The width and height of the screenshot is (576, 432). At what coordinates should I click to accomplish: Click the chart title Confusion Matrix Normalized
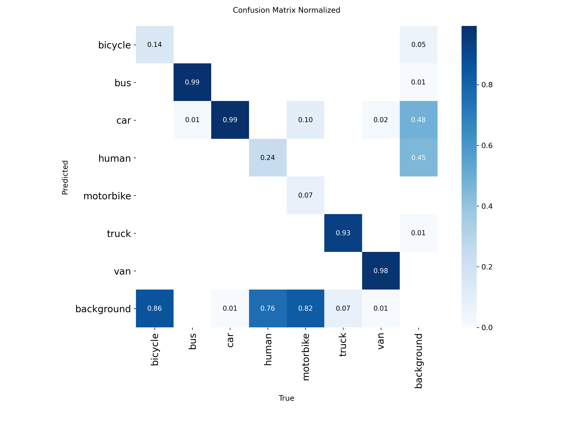point(286,10)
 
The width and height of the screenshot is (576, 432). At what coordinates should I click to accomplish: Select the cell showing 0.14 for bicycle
point(155,45)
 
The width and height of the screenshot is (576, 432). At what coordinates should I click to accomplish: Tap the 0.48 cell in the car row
point(418,120)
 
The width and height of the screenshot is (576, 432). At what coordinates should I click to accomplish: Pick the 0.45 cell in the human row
point(418,158)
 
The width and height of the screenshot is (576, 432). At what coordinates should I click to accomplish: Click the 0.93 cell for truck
point(343,233)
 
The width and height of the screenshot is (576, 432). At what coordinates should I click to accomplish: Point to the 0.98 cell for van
point(381,271)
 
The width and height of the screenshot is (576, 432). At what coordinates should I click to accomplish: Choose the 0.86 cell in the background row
point(155,308)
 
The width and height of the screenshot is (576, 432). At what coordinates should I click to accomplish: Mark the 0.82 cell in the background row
point(305,308)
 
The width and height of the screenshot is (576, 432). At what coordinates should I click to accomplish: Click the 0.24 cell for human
point(268,158)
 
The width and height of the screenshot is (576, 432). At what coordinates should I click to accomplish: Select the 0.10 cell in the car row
point(305,120)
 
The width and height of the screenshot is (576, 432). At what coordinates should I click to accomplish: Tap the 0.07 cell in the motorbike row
point(305,195)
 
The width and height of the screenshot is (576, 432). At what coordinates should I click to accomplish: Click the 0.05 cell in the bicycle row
point(418,45)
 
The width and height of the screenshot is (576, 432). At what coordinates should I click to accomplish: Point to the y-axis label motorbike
point(107,196)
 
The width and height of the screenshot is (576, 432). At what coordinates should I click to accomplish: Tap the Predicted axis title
point(65,177)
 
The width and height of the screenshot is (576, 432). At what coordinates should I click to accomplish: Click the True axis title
point(286,398)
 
